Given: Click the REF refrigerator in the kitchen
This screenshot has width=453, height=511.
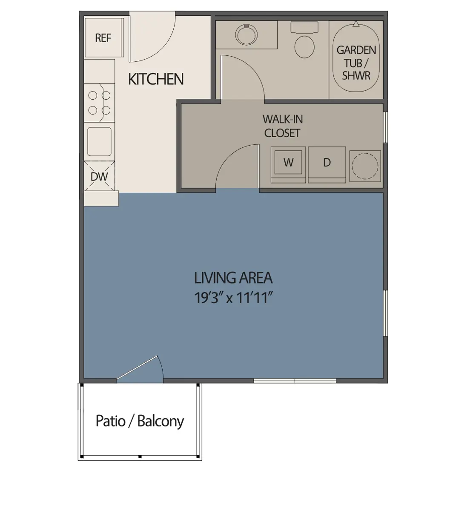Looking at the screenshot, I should pos(103,37).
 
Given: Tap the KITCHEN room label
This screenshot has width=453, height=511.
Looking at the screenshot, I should pos(156,79).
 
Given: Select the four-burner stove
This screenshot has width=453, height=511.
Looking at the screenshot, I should pos(100,103).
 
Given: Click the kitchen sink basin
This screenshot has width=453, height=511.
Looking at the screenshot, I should pos(99,141).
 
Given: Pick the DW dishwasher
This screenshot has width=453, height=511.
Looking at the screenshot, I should pos(99,176).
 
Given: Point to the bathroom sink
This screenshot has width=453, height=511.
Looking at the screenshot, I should pos(246,34).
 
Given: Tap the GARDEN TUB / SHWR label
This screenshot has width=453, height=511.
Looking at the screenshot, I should pos(356,63).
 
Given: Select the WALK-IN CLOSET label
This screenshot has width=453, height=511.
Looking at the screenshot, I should pos(282,126).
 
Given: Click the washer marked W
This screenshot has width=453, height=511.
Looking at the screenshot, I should pos(289,162).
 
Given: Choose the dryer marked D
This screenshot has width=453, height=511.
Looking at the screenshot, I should pos(327,162).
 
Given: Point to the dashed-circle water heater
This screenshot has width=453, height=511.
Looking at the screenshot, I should pos(364,166).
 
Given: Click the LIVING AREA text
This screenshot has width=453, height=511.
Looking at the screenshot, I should pos(233,278).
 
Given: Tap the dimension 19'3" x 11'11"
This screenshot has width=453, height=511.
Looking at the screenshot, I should pos(233,298).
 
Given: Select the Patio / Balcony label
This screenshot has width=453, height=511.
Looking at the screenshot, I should pos(140,421).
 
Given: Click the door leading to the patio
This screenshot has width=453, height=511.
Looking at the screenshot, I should pos(140,369).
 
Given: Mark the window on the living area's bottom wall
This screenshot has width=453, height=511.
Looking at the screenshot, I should pos(295,380).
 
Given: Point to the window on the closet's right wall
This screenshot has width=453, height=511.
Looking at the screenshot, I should pos(386,127).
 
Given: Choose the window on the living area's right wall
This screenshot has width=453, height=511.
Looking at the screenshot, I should pos(386,313).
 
